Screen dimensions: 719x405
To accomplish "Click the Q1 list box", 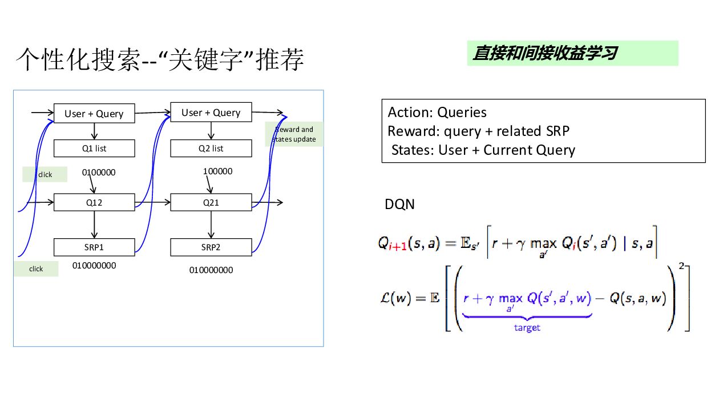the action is [94, 148].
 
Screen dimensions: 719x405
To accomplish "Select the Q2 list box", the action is [211, 148].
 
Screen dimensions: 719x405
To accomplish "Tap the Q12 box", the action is [94, 202].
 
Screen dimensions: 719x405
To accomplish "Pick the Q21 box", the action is [211, 202].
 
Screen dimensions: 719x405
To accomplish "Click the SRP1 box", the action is [94, 247].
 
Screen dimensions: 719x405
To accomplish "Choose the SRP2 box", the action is [211, 247].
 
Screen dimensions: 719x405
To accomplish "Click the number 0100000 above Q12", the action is [99, 173].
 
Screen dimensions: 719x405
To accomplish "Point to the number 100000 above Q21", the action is [217, 171].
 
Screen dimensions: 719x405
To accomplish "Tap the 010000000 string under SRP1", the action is [94, 266].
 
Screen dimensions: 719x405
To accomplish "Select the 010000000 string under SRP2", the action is [211, 270].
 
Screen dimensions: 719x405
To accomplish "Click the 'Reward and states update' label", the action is [294, 134].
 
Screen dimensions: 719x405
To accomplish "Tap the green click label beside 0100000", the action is [45, 174].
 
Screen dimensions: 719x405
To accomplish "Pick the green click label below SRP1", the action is [36, 268].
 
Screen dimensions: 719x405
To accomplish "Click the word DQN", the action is [399, 204].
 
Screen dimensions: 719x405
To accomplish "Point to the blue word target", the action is [527, 327].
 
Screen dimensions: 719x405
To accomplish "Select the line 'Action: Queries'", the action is [437, 112].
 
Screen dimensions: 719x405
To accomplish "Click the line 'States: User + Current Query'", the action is [483, 150].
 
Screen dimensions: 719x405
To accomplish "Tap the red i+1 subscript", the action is [398, 247].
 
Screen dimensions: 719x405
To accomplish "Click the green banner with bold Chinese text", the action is [573, 53].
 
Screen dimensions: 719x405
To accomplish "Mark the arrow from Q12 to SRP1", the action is [94, 224].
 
